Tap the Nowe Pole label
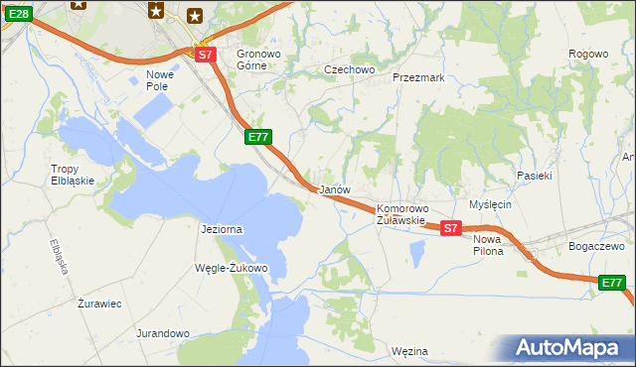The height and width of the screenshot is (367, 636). point(160,80)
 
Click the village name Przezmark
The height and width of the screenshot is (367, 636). point(417,76)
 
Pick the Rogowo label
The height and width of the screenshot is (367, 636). point(587,54)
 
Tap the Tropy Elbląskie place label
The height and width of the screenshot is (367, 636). point(73,175)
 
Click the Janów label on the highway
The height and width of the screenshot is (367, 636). point(331,188)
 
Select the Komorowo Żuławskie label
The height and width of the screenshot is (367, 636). point(401,214)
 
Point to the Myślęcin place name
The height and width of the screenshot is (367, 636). point(490,204)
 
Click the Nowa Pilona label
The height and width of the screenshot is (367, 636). point(488,245)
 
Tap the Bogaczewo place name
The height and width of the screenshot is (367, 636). point(595,246)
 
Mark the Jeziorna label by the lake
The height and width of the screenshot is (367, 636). point(222,229)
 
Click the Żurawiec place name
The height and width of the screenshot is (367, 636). point(99,304)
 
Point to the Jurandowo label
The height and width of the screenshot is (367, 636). point(163,333)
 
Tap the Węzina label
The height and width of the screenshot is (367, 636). point(409,351)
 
